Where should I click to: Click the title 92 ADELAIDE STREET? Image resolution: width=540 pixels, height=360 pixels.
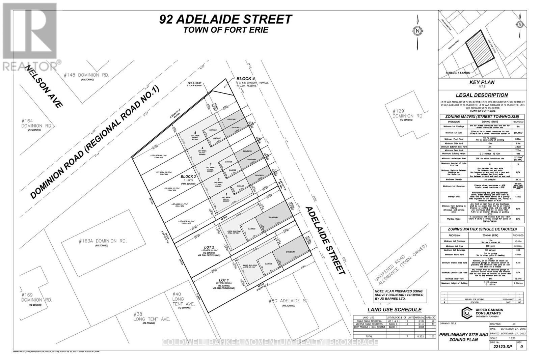click(x=225, y=19)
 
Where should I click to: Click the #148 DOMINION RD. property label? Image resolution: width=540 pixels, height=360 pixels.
click(x=87, y=75)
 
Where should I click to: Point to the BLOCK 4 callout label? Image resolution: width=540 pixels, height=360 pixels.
click(x=245, y=79)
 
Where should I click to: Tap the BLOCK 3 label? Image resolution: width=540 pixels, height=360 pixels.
click(x=188, y=176)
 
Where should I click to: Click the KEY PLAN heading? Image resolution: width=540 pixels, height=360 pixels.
click(x=482, y=82)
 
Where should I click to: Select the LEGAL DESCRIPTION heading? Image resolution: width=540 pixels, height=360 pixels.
click(x=482, y=95)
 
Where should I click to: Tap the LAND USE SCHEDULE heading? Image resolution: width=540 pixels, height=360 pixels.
click(x=394, y=310)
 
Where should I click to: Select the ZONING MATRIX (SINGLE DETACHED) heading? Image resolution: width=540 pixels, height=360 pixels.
click(x=482, y=229)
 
